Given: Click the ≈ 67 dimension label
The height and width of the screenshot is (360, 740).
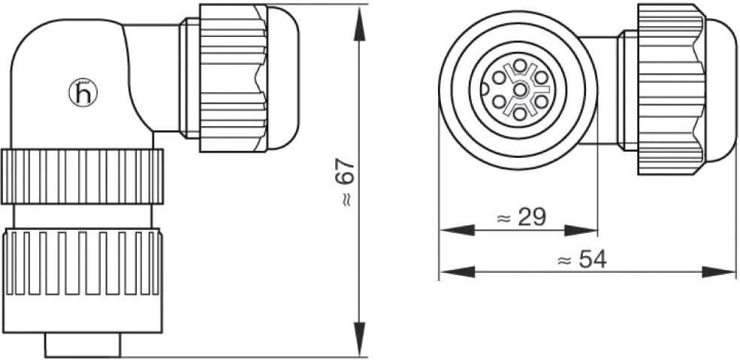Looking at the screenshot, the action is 347,183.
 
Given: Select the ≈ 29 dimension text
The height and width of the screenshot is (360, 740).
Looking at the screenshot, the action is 521,217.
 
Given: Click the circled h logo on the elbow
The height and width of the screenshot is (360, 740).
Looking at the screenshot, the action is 83,93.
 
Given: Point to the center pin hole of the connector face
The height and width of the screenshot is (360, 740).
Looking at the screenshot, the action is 520,89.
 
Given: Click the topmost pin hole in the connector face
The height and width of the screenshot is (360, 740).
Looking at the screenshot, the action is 520,65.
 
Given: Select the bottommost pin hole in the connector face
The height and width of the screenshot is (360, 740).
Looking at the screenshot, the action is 520,113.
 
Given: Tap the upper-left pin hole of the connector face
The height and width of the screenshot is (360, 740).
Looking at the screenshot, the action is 499,77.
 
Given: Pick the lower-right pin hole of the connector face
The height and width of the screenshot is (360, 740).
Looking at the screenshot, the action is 541,101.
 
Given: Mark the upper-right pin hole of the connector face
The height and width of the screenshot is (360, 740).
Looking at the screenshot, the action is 541,77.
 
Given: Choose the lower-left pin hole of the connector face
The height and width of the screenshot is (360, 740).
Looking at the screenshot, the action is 499,101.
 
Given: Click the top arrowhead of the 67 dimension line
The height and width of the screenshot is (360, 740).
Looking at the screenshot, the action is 360,23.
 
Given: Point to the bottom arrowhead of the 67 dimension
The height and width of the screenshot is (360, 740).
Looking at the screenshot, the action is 360,339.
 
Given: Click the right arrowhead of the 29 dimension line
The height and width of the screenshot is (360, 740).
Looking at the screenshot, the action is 581,230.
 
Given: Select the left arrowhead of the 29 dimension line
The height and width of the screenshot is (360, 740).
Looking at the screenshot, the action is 457,230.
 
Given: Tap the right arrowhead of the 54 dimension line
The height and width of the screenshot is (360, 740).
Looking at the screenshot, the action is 719,272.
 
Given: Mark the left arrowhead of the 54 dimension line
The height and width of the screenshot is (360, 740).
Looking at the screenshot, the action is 457,272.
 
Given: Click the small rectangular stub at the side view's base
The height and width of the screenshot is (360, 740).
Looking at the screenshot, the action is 83,345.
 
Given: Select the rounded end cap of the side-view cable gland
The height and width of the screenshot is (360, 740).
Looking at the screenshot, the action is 284,78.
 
